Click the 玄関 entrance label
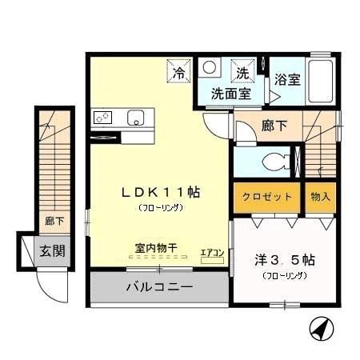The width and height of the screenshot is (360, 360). pos(53,250)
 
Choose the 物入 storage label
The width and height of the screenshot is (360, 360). pos(320,196)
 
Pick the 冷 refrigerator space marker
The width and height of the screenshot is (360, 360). pos(178,73)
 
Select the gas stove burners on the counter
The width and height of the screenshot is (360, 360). pos(104,118)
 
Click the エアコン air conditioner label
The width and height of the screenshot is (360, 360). pos(212,254)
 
